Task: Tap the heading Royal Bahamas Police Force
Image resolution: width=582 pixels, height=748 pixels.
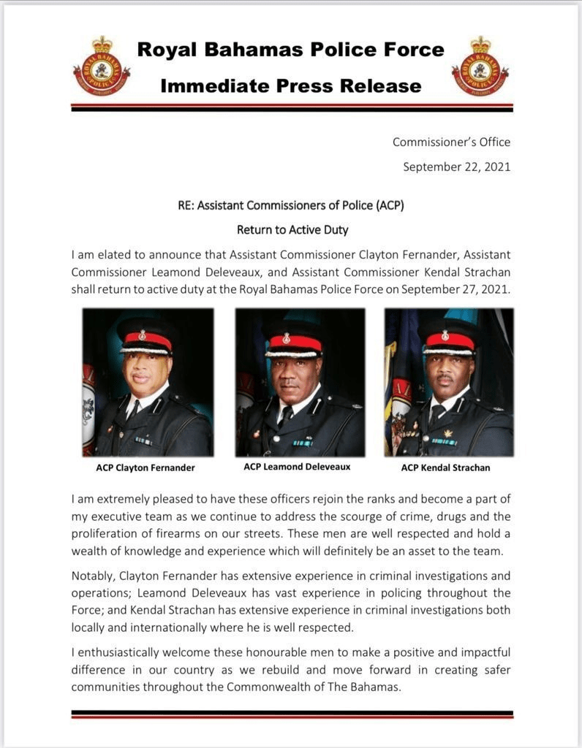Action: click(291, 50)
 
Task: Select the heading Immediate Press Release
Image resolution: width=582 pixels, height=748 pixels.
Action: click(291, 86)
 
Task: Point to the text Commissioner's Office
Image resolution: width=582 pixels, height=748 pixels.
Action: click(451, 142)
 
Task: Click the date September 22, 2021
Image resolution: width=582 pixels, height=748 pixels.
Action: click(456, 167)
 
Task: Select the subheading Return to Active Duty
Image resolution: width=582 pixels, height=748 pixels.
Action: click(292, 229)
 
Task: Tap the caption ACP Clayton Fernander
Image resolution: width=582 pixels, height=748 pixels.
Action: click(145, 467)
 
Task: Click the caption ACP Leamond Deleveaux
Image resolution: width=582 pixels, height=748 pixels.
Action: click(297, 466)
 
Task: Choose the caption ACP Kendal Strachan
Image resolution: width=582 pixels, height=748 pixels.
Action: click(445, 467)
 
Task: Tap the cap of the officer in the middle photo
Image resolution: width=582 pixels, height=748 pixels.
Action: click(295, 340)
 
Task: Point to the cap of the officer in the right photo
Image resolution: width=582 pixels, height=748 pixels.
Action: click(447, 338)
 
